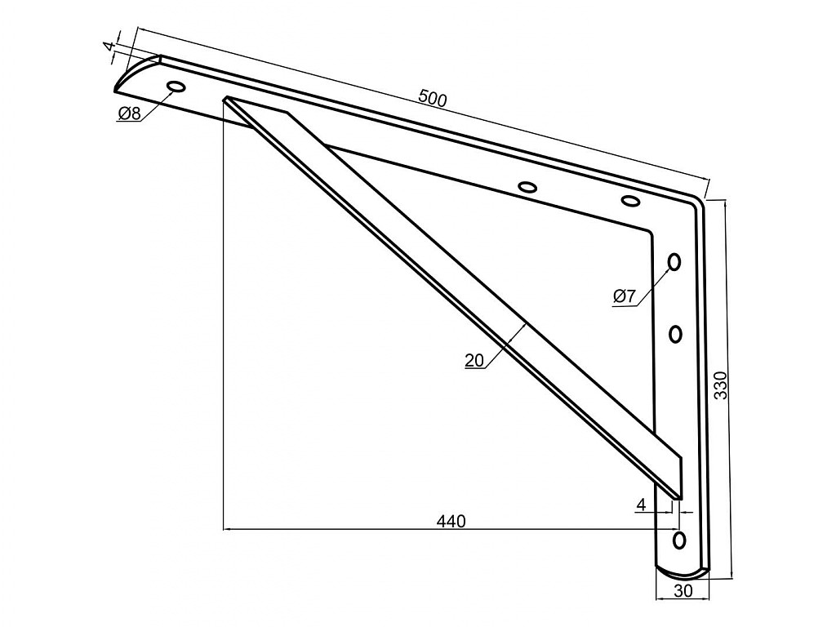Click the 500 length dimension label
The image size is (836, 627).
coord(433,99)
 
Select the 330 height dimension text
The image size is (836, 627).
coord(720,385)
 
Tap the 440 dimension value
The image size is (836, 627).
coord(451,520)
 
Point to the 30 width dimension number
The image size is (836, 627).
coord(683,590)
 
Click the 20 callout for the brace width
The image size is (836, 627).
coord(474,360)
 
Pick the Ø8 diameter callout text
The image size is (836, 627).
coord(129,113)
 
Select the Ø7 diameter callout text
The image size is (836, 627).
coord(625,296)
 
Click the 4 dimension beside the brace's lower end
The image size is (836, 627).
coord(642,505)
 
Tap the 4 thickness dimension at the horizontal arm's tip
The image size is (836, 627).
coord(110,47)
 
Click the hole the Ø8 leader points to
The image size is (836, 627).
coord(176,87)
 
